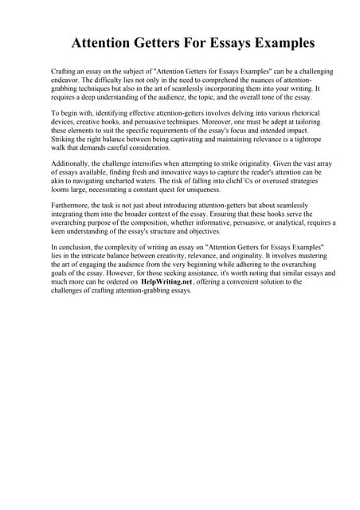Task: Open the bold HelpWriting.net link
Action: point(166,281)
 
